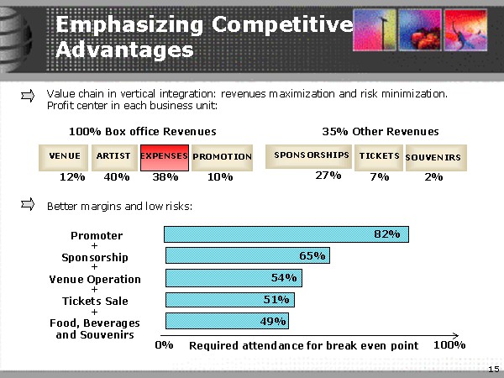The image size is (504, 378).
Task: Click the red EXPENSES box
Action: [x=164, y=156]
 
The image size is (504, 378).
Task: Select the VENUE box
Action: [x=65, y=156]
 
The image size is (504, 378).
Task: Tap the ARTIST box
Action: [x=113, y=156]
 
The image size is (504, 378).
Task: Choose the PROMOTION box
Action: [x=222, y=156]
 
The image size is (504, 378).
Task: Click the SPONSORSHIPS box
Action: [x=311, y=155]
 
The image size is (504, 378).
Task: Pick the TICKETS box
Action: [x=379, y=155]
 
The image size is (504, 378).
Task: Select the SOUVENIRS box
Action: [x=433, y=157]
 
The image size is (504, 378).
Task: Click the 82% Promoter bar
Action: [x=286, y=234]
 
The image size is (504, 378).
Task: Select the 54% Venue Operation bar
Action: [x=234, y=277]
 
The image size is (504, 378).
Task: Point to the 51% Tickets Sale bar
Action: [x=229, y=299]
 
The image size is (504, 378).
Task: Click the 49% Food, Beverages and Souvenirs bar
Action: [x=227, y=320]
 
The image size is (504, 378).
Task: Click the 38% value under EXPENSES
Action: [x=165, y=177]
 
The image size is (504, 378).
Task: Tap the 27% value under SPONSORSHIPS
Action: [x=328, y=176]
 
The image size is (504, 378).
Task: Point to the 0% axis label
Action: [x=165, y=345]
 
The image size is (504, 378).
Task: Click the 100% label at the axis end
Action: [x=449, y=345]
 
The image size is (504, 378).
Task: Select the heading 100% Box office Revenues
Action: [x=142, y=131]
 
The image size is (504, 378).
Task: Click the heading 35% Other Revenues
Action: [x=381, y=131]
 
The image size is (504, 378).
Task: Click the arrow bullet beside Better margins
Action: [x=28, y=204]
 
